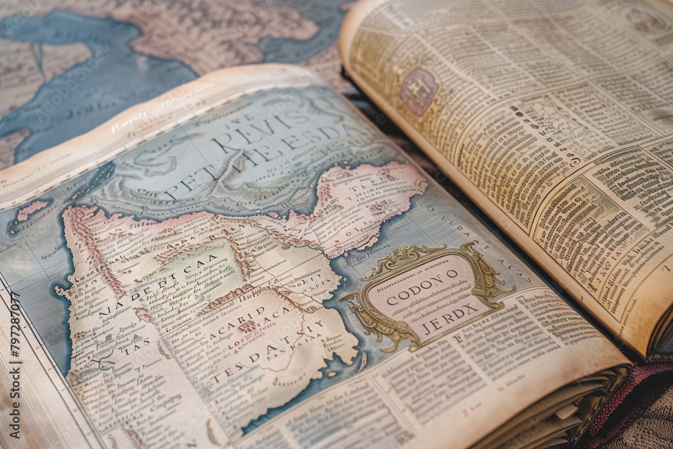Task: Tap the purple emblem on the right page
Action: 419,91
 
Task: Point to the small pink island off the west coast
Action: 32,209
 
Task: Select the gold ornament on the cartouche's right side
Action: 488,276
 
